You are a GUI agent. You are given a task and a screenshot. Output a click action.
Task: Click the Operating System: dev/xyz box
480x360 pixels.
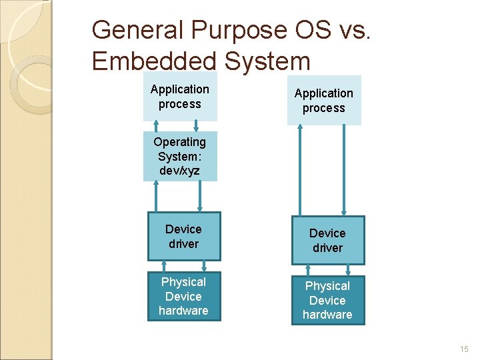pos(179,156)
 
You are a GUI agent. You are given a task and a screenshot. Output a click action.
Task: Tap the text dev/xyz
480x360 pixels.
pos(179,171)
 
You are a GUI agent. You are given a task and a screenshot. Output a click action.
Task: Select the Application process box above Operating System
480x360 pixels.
pos(179,97)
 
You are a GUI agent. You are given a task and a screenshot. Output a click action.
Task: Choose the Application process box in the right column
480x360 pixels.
pos(324,101)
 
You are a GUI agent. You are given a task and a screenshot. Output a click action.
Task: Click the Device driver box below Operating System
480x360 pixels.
pos(183,236)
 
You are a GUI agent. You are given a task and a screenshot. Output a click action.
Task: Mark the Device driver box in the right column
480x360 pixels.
pos(327,240)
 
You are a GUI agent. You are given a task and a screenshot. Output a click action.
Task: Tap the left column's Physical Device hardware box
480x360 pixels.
pos(183,296)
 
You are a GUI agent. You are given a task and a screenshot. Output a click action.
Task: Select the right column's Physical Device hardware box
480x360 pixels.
pos(327,300)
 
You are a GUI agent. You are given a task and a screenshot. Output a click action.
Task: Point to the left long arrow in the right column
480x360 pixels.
pos(301,170)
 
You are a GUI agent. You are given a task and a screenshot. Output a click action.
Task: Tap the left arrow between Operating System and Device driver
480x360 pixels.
pos(157,197)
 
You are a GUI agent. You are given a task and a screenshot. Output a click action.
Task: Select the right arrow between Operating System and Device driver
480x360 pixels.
pos(200,197)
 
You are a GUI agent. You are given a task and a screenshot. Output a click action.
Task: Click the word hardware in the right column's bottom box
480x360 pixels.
pos(327,315)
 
